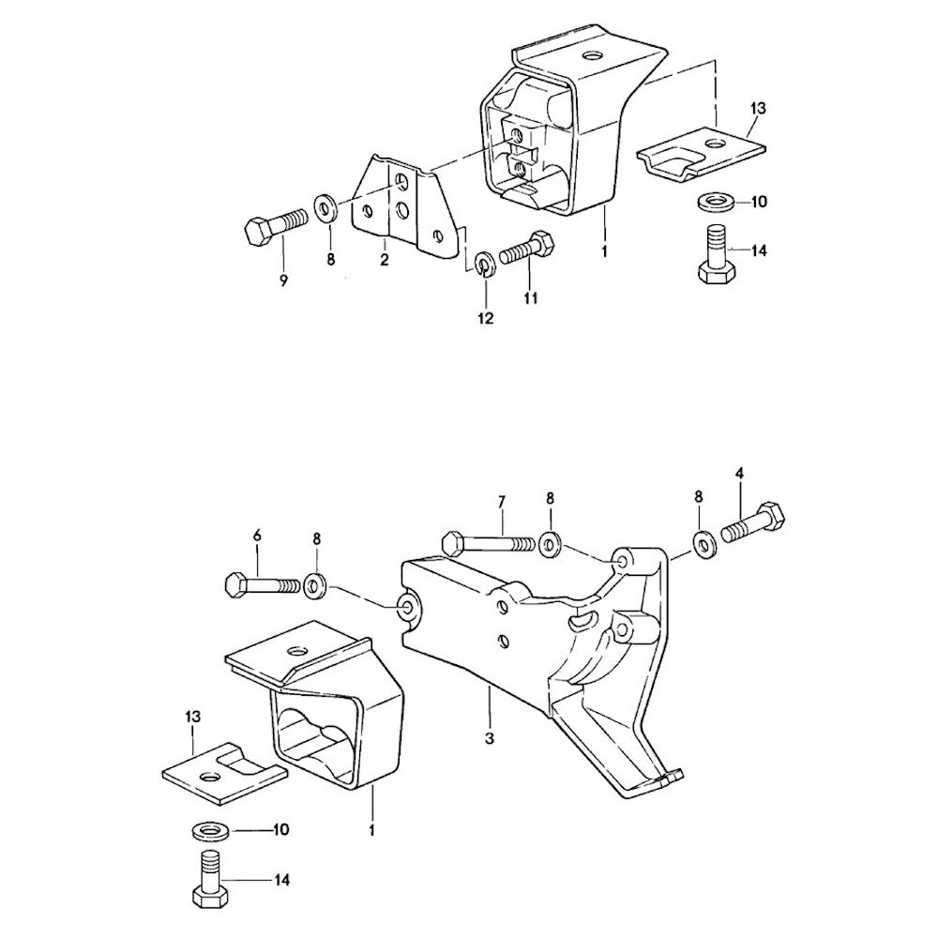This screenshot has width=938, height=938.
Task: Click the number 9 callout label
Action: click(283, 280)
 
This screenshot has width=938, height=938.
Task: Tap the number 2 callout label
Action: click(384, 260)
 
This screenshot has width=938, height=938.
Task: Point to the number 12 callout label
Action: click(486, 318)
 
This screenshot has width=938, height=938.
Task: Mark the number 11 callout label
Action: click(531, 297)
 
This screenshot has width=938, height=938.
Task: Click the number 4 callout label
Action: click(740, 473)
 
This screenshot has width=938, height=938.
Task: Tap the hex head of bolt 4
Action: click(770, 519)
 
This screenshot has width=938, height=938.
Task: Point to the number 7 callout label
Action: click(501, 502)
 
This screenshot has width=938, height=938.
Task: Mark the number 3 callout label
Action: click(490, 738)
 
